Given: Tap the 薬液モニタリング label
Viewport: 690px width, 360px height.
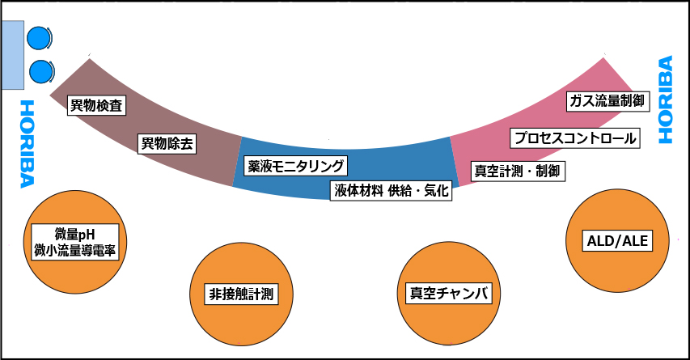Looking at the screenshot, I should click(296, 167).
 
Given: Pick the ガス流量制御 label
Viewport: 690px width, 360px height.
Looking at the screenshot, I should click(606, 101).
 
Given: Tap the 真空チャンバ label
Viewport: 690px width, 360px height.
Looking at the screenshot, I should click(449, 293).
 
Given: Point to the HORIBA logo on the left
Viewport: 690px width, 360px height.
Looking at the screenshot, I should click(26, 143).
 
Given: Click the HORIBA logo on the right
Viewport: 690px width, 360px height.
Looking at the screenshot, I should click(665, 100).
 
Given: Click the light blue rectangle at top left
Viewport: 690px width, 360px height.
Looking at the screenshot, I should click(12, 55).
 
